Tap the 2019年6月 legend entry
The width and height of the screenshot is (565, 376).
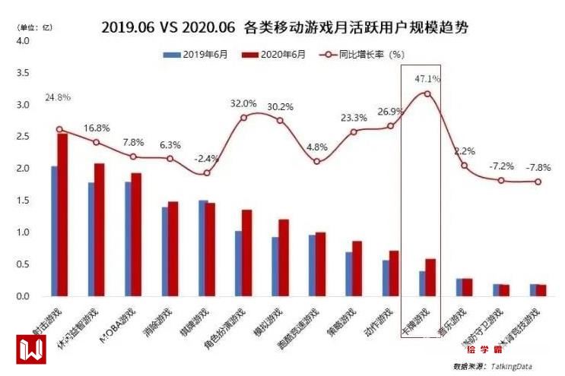191,55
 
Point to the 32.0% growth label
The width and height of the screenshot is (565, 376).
243,103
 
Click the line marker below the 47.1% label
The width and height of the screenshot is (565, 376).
427,94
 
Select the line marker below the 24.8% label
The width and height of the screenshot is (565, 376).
59,129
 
